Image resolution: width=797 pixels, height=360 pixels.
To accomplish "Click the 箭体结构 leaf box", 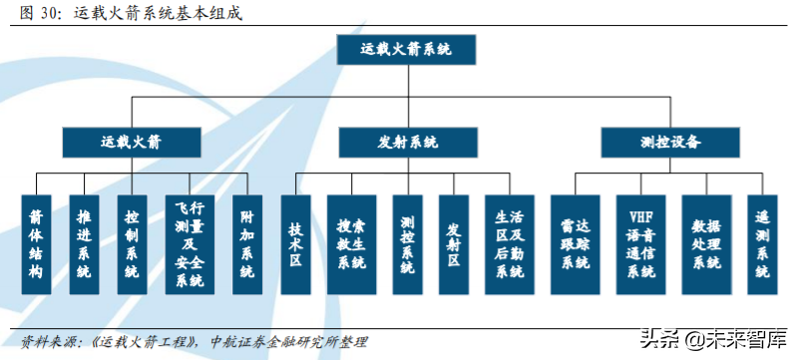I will tap(36, 243).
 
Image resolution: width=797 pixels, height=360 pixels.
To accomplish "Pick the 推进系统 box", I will tap(84, 243).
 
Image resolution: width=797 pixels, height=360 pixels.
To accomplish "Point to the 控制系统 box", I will tap(132, 243).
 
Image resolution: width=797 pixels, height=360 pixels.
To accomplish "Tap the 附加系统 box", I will tap(246, 243).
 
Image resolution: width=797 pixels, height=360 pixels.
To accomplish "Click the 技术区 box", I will tap(295, 243).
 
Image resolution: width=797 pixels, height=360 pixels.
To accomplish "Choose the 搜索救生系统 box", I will tap(351, 243).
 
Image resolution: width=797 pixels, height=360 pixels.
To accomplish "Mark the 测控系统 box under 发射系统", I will tap(407, 243).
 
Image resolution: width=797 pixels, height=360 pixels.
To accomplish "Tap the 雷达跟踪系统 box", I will tap(576, 243).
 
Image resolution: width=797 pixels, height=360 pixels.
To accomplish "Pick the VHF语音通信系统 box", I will tap(640, 243).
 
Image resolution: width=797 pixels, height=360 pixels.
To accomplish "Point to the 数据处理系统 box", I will tap(706, 243).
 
